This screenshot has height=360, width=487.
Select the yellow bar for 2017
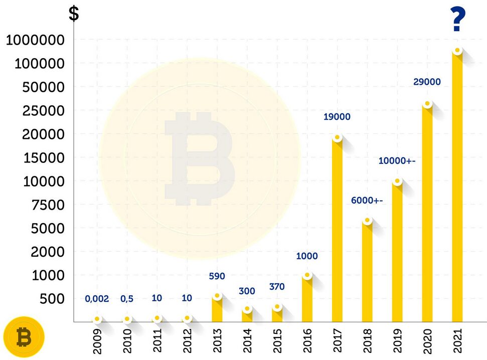[337, 231]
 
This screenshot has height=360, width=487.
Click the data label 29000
[427, 82]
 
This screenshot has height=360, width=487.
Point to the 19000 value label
[337, 117]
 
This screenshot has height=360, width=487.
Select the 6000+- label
[367, 201]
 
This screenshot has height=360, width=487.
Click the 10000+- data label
[397, 161]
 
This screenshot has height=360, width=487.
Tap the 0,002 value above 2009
[97, 299]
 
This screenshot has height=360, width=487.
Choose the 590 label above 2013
[217, 276]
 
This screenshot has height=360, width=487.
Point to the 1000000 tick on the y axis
[35, 40]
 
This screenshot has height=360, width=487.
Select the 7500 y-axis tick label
[44, 205]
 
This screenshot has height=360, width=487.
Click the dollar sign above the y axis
[74, 14]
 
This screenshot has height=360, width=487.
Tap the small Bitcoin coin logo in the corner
[24, 337]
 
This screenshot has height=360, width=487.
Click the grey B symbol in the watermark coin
[199, 158]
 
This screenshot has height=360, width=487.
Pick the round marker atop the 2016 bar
[307, 275]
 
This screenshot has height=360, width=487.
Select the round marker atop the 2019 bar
[397, 181]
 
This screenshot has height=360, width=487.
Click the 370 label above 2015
[276, 287]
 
